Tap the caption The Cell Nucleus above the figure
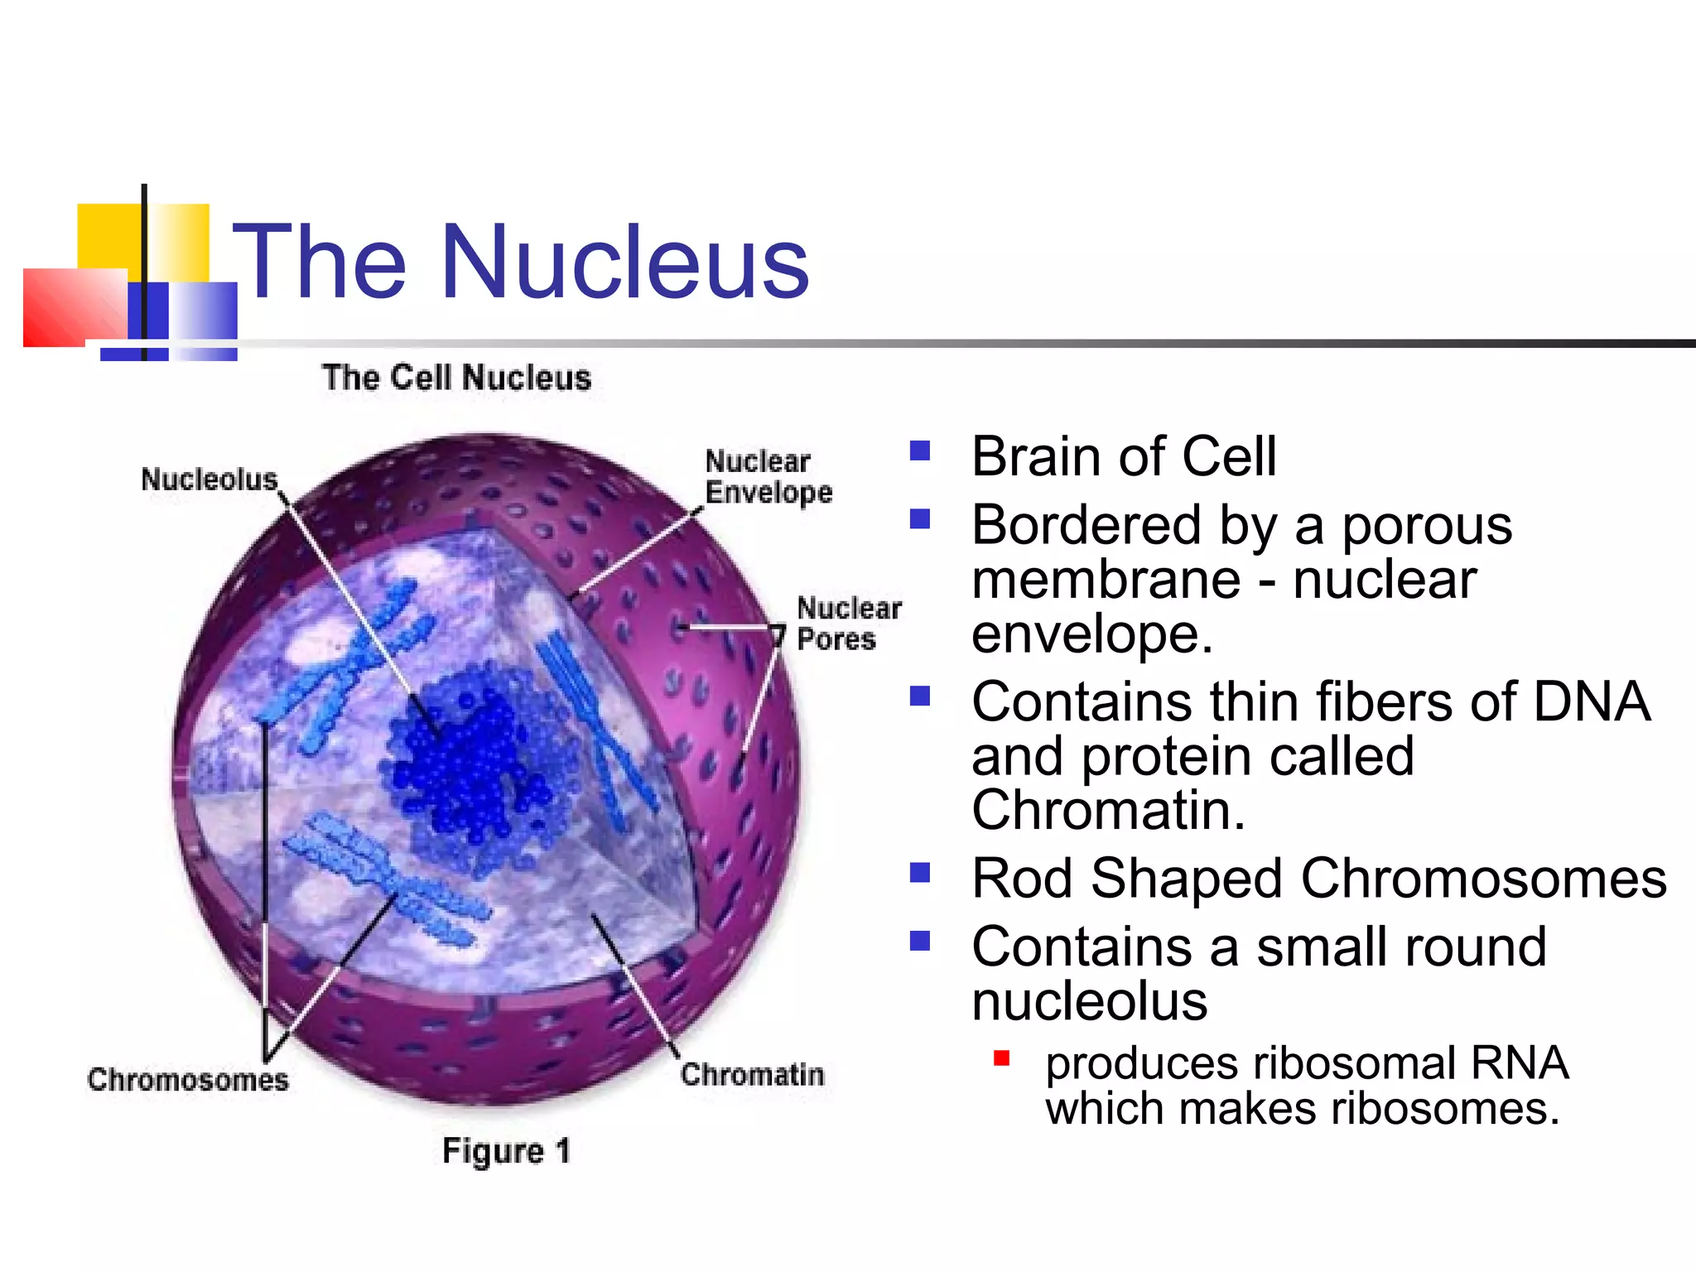[456, 378]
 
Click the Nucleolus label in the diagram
[209, 479]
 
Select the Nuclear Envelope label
[767, 477]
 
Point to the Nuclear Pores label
[847, 624]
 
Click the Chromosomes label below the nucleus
[188, 1079]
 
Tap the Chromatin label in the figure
[752, 1074]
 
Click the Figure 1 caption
[506, 1150]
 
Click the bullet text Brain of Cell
[1124, 456]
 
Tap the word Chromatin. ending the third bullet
[1108, 809]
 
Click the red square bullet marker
[1001, 1058]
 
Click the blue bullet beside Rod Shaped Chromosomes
[919, 873]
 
